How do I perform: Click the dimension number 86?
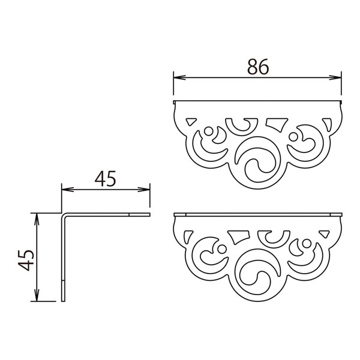coord(257,67)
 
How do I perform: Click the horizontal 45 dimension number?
coord(106,179)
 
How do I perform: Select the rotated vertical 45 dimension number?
coord(26,260)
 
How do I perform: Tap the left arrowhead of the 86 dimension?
coord(179,77)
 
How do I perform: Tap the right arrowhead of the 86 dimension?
coord(335,77)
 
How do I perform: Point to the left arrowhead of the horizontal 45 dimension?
coord(68,190)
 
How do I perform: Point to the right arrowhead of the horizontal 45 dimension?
coord(144,190)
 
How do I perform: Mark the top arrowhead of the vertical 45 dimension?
coord(37,219)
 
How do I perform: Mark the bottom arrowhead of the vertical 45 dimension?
coord(37,295)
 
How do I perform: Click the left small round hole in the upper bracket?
coord(208,131)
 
